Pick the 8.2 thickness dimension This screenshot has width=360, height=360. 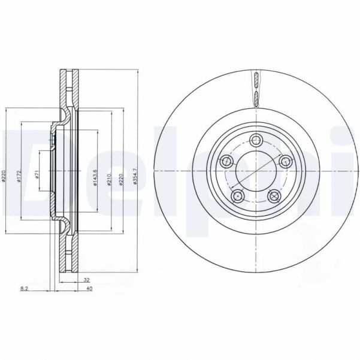[x=24, y=289]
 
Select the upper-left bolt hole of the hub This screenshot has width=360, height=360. [x=226, y=161]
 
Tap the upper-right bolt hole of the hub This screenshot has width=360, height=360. [x=285, y=161]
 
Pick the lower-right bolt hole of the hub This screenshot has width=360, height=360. [x=274, y=195]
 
